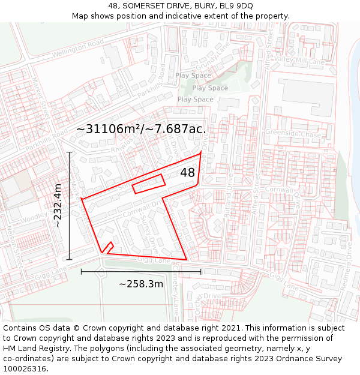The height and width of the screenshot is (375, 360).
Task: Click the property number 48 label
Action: click(x=187, y=173)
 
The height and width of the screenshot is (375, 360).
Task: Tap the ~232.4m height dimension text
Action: click(x=58, y=205)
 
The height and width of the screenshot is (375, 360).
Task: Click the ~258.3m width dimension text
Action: click(x=141, y=283)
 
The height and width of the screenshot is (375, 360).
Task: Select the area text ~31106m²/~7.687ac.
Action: click(x=142, y=129)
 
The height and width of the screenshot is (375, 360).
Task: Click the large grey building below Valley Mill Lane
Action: click(x=307, y=95)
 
